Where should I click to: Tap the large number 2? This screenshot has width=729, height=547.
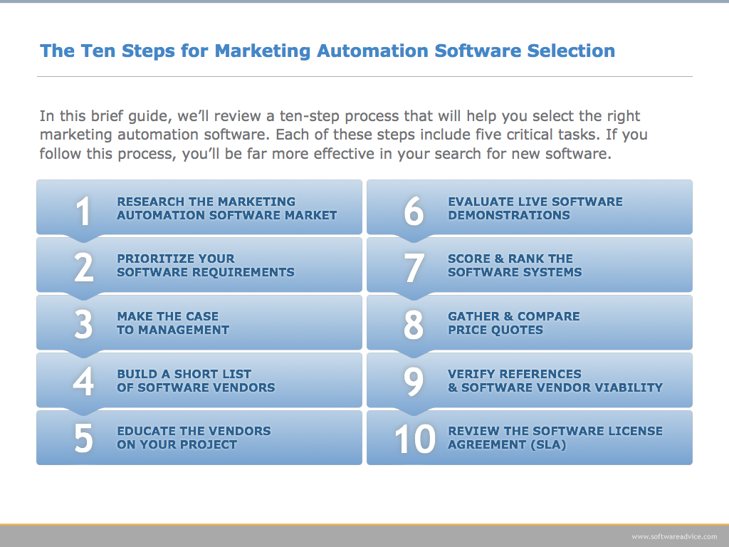[x=84, y=268]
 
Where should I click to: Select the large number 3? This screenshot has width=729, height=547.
[x=84, y=325]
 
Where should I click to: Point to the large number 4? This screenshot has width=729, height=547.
[x=84, y=382]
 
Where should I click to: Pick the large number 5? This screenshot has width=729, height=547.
[x=84, y=438]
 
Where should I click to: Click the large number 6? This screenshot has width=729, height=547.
[x=414, y=211]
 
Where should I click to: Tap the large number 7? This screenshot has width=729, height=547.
[x=414, y=268]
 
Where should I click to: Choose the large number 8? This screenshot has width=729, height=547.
[x=414, y=325]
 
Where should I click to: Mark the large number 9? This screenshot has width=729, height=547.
[x=414, y=382]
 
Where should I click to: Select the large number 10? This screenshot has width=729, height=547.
[x=415, y=438]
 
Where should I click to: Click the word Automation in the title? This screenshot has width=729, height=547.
[x=372, y=51]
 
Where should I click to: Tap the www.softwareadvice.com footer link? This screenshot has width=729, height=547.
[x=674, y=536]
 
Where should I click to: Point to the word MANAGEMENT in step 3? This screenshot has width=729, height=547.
[x=184, y=330]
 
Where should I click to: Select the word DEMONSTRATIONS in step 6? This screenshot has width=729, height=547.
[x=508, y=215]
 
